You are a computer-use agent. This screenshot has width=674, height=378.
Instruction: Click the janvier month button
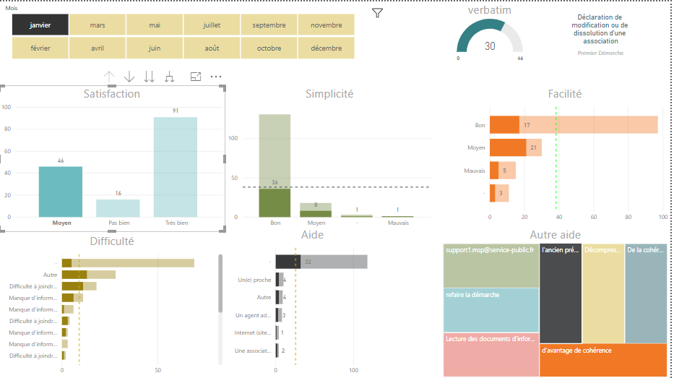[40, 25]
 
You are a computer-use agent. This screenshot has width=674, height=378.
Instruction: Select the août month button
[212, 48]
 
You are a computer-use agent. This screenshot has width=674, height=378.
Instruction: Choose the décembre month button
[327, 48]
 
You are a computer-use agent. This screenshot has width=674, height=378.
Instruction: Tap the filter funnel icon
[377, 13]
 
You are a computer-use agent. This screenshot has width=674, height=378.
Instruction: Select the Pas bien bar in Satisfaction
[118, 207]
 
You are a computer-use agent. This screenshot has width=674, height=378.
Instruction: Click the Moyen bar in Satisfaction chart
[61, 192]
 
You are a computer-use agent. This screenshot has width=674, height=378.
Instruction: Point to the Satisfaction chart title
[112, 94]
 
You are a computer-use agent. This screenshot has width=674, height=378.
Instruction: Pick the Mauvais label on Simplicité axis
[398, 223]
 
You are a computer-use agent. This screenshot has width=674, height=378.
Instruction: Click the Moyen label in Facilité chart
[476, 148]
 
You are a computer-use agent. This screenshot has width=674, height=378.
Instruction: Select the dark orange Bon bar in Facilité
[504, 125]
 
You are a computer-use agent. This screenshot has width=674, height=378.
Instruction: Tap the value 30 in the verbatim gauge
[490, 46]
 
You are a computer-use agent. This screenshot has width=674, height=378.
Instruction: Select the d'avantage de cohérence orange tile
[603, 359]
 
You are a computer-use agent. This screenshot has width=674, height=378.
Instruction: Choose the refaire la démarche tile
[491, 309]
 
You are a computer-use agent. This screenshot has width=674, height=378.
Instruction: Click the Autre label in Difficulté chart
[50, 275]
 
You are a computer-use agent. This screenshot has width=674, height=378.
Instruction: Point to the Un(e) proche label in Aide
[254, 280]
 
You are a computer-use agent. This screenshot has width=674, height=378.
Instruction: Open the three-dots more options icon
[216, 77]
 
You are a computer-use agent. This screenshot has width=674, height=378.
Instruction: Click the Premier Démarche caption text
[600, 53]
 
